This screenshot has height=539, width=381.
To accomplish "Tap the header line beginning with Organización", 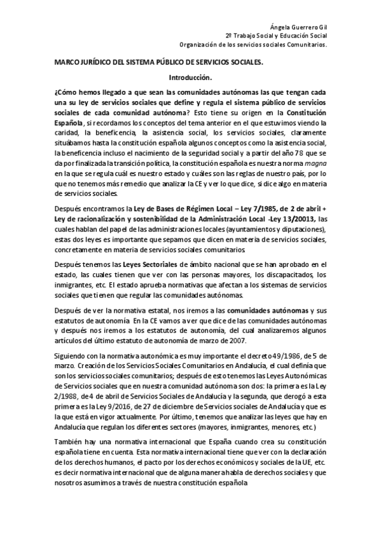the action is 253,46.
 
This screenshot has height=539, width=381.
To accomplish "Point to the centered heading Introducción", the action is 190,77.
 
